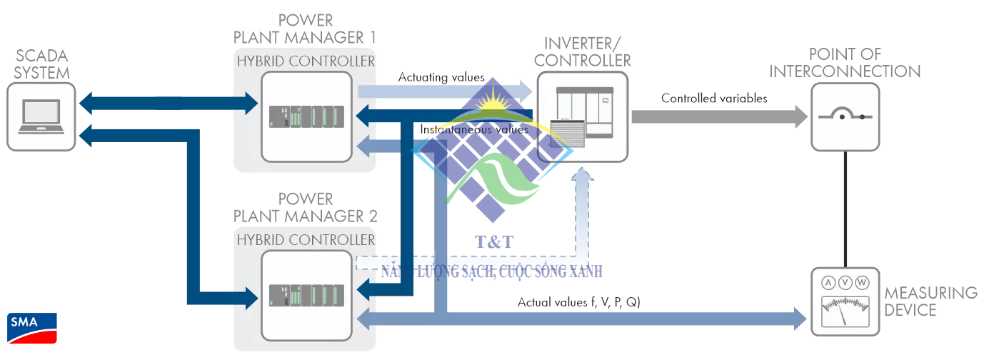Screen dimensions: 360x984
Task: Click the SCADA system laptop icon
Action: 41,116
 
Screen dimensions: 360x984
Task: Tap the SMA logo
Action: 32,329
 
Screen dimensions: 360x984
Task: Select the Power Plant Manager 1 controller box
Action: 306,116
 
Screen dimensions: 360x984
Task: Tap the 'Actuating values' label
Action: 441,77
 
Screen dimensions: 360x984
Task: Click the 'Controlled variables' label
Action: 714,99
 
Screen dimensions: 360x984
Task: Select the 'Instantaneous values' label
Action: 474,130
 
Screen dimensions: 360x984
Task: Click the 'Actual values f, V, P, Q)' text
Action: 578,302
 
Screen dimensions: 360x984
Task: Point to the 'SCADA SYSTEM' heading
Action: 43,64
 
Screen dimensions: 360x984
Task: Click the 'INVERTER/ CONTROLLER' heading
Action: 582,52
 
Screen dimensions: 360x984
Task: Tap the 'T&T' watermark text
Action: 494,242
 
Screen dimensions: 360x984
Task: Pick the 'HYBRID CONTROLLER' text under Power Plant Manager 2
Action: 306,239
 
